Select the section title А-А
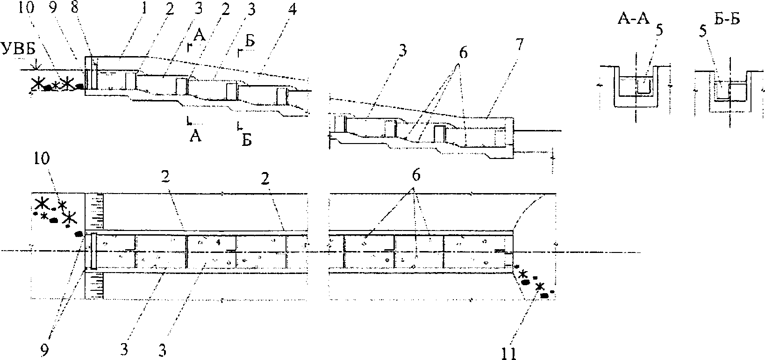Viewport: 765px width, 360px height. [633, 20]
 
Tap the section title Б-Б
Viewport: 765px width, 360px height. [727, 20]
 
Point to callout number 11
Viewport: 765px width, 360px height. [509, 353]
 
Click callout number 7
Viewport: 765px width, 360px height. [520, 45]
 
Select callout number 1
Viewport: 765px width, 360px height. [144, 8]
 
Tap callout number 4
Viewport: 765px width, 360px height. [292, 9]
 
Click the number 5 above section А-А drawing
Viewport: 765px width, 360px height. [660, 30]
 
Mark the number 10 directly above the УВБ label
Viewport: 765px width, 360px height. [27, 8]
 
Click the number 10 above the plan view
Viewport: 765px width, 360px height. [42, 159]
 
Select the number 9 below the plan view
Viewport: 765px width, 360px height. [45, 350]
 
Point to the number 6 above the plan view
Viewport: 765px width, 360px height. [415, 176]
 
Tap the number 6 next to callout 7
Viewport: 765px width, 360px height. [463, 53]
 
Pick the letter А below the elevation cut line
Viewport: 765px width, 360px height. [195, 137]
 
